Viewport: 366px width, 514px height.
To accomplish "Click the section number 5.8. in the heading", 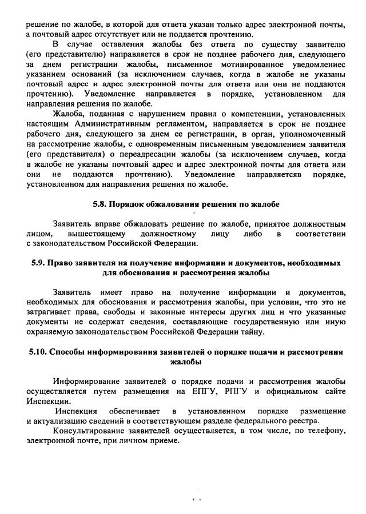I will click(x=101, y=204).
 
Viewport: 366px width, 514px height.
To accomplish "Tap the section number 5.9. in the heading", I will click(x=38, y=263).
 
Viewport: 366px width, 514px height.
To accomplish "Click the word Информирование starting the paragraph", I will click(x=89, y=382).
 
